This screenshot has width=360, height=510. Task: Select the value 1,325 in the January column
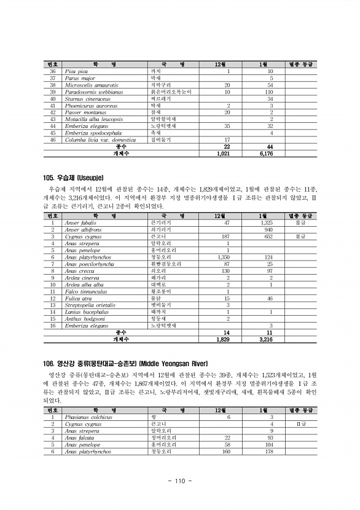pyautogui.click(x=267, y=222)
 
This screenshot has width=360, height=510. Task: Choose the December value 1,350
pyautogui.click(x=224, y=257)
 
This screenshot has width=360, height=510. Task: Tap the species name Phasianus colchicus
pyautogui.click(x=87, y=417)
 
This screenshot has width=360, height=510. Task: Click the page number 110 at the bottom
pyautogui.click(x=180, y=481)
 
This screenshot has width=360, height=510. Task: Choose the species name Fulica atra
pyautogui.click(x=77, y=298)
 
